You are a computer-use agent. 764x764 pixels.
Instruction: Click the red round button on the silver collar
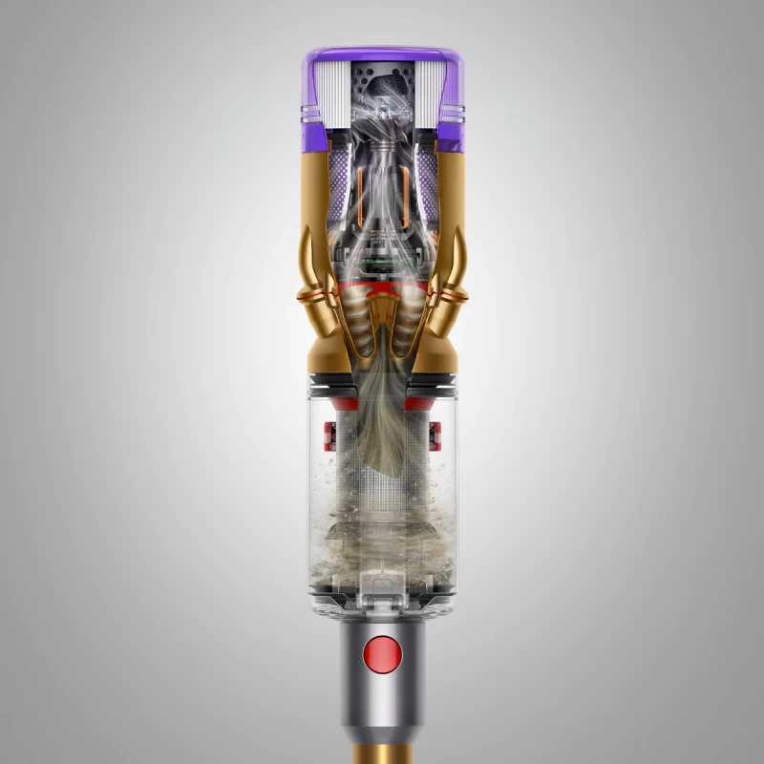click(x=382, y=656)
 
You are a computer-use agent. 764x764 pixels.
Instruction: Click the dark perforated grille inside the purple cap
click(x=382, y=80)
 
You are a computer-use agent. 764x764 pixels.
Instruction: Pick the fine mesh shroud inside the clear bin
click(x=382, y=487)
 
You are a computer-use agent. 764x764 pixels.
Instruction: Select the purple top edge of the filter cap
click(x=382, y=50)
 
